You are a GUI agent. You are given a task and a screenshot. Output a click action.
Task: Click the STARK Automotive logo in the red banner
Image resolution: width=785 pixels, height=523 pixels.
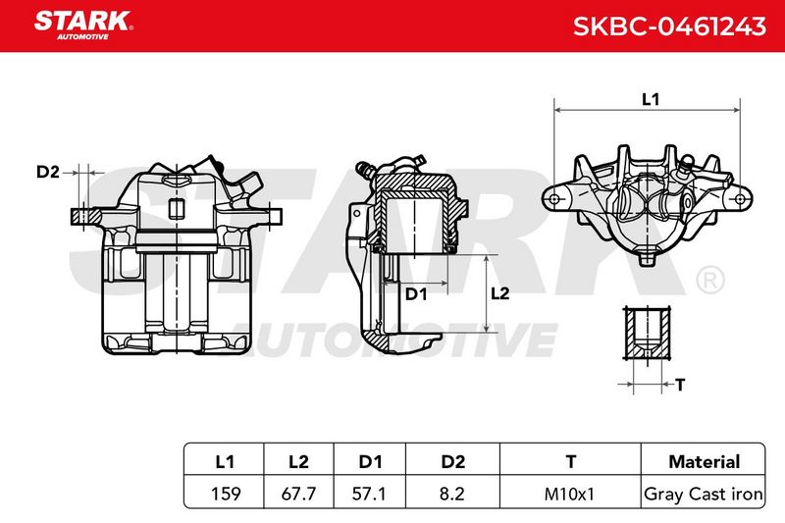pos(83,26)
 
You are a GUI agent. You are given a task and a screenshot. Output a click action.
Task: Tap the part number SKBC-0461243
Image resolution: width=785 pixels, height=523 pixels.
pos(669,26)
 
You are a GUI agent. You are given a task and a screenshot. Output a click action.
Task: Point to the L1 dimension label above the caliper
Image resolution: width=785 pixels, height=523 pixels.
pos(651,99)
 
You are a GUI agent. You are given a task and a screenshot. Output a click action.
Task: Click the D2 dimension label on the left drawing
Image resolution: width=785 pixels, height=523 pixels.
pos(47,172)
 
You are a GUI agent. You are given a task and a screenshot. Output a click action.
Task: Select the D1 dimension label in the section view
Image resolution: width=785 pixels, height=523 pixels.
pos(416,294)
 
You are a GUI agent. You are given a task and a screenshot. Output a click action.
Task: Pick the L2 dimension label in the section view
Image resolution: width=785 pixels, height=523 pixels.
pos(499,293)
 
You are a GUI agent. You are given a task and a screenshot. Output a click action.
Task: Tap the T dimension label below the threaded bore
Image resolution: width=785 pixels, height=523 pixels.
pos(679,385)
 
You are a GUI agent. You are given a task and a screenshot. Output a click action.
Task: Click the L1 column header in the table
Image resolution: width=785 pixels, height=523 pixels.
pos(225,461)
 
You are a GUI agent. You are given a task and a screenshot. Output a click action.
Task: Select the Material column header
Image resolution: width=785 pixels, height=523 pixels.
pos(704,461)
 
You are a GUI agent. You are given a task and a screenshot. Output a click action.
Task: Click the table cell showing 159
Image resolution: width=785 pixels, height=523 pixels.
pos(226,494)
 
